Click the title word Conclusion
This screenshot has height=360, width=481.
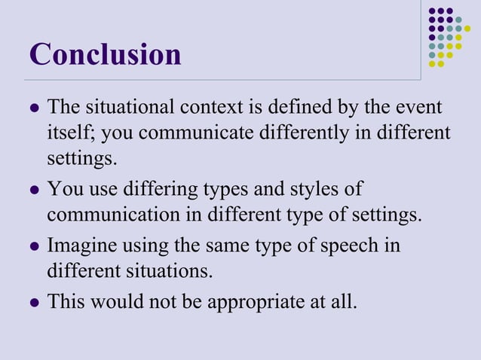click(x=106, y=54)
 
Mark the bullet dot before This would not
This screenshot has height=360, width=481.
click(x=32, y=303)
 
